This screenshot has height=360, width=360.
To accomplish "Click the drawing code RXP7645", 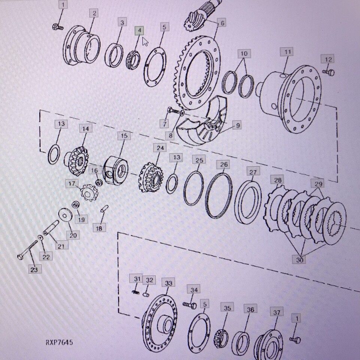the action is pyautogui.click(x=59, y=342).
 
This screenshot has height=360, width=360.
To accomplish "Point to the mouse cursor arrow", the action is pyautogui.click(x=145, y=42).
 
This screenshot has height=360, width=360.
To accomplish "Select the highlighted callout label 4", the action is pyautogui.click(x=139, y=31).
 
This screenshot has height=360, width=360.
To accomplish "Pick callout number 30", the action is pyautogui.click(x=300, y=260).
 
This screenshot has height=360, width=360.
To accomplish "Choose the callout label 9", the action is pyautogui.click(x=238, y=125).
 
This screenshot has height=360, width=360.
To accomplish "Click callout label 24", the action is pyautogui.click(x=160, y=148).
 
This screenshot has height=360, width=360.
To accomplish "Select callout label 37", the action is pyautogui.click(x=277, y=312).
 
